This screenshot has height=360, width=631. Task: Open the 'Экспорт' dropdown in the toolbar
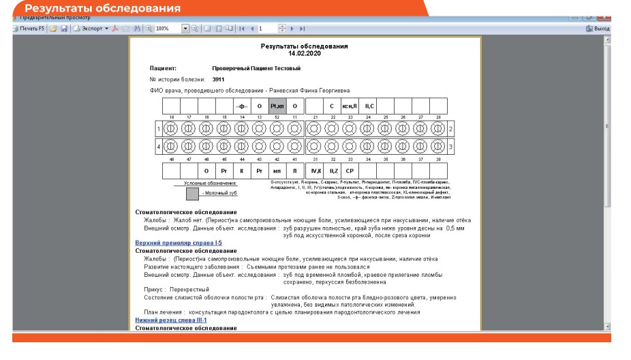[x=91, y=29]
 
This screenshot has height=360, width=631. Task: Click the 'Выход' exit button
[x=598, y=29]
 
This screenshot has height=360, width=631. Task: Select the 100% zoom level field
[x=167, y=29]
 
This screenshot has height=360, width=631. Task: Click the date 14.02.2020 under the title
[x=304, y=52]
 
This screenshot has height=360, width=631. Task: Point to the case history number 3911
[x=218, y=79]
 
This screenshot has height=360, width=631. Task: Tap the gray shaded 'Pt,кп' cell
[x=277, y=106]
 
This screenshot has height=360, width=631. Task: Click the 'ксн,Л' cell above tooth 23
[x=350, y=106]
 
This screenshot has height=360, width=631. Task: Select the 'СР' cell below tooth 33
[x=350, y=170]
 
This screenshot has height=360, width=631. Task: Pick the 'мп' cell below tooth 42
[x=277, y=170]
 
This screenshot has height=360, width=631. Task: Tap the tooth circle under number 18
[x=171, y=128]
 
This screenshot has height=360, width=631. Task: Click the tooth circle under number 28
[x=437, y=128]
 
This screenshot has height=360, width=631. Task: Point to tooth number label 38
[x=437, y=159]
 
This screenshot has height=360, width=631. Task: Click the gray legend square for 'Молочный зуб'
[x=192, y=194]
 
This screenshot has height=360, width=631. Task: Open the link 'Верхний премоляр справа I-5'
[x=179, y=243]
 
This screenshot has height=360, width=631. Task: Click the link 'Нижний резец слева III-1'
[x=171, y=320]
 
